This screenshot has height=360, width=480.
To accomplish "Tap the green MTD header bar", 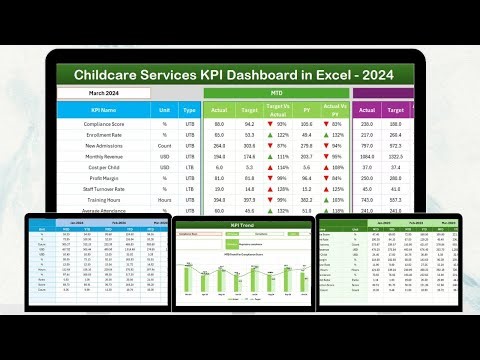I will (x=275, y=93).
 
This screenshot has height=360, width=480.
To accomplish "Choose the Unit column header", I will (x=164, y=110).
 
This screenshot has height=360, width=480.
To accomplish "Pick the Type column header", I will (x=191, y=110).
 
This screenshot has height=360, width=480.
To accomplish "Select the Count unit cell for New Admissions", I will (x=164, y=147).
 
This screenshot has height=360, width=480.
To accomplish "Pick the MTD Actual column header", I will (x=220, y=110).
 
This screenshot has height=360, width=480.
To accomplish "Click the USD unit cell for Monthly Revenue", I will (x=164, y=158).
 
